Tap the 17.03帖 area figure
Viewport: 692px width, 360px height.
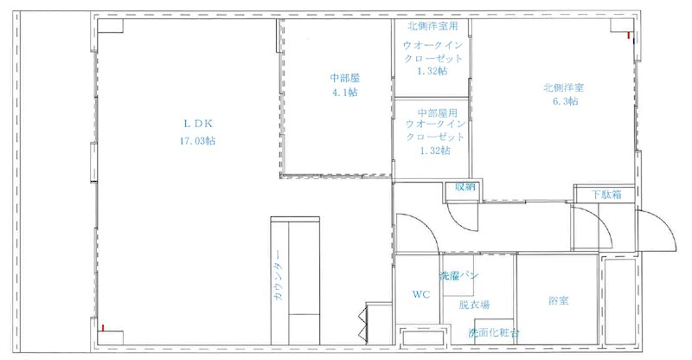pos(198,139)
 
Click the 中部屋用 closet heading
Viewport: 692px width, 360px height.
pos(433,113)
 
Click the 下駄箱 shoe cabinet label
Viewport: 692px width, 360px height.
pos(606,195)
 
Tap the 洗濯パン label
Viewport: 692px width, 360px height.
pos(459,276)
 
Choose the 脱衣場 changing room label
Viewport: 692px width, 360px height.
pos(475,305)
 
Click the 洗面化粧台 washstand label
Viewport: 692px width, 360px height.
pos(494,332)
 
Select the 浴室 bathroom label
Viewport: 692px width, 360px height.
pos(558,302)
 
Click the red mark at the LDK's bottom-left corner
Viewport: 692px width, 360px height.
pos(102,329)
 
